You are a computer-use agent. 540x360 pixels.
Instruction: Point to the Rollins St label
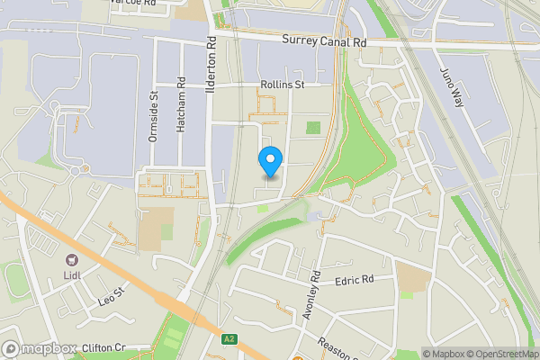coord(283,85)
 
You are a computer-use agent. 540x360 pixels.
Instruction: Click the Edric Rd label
coord(354,281)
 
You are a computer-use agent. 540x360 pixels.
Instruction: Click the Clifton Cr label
coord(103,347)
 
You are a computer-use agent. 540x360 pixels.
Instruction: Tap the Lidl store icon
coord(70,259)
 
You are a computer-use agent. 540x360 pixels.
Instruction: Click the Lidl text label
coord(71,274)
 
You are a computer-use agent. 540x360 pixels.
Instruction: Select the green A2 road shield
coord(230,338)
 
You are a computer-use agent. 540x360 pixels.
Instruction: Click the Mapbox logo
coord(38,348)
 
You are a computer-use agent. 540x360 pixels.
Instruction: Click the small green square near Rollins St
coord(313,127)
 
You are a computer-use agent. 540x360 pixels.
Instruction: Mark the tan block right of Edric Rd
coord(413,278)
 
